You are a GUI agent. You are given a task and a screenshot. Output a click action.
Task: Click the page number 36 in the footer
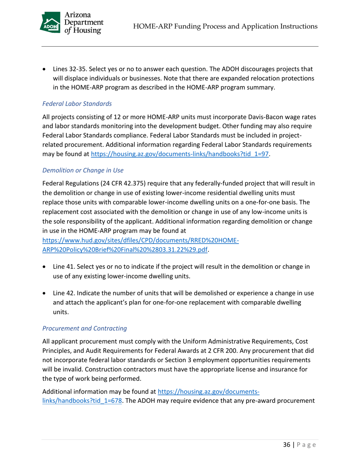coord(287,445)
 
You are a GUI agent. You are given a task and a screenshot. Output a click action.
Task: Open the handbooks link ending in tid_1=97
coord(180,154)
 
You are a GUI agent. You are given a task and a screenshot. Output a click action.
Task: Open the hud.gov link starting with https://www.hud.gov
coord(140,241)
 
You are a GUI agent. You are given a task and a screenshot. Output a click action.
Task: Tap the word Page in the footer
coord(306,445)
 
